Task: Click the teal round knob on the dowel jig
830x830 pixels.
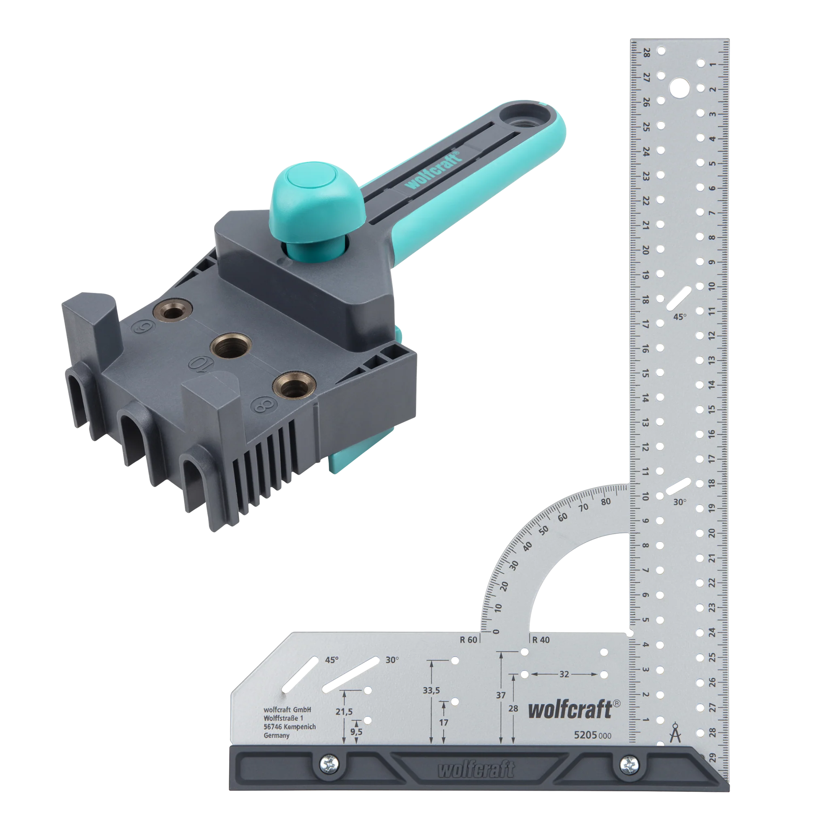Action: pyautogui.click(x=317, y=198)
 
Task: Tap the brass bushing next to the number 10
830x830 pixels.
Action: pyautogui.click(x=231, y=346)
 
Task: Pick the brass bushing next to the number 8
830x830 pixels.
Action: pyautogui.click(x=294, y=385)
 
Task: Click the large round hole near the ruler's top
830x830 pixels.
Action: pyautogui.click(x=679, y=89)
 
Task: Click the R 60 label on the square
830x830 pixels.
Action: pyautogui.click(x=468, y=640)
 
